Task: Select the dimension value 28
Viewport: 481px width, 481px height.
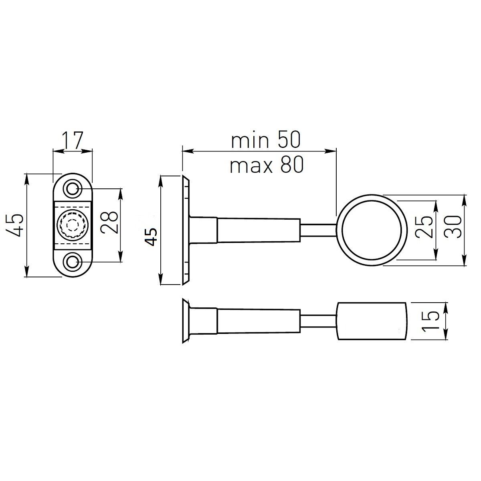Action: pyautogui.click(x=109, y=222)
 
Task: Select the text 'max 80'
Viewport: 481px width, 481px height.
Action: pyautogui.click(x=267, y=165)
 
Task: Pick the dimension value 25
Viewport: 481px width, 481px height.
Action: pyautogui.click(x=423, y=226)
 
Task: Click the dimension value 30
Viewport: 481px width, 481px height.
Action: pyautogui.click(x=453, y=226)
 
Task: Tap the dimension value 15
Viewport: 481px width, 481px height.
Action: pyautogui.click(x=430, y=321)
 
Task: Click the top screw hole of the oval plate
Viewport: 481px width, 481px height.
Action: pyautogui.click(x=73, y=189)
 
